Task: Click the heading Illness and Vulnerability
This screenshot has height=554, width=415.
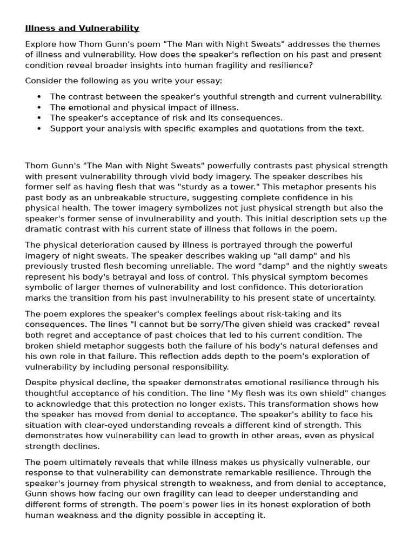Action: coord(82,28)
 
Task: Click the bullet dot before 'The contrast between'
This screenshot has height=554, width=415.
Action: coord(39,97)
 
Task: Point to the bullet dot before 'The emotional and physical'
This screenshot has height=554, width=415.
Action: coord(39,108)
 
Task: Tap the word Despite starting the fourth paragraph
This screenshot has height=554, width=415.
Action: coord(41,383)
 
